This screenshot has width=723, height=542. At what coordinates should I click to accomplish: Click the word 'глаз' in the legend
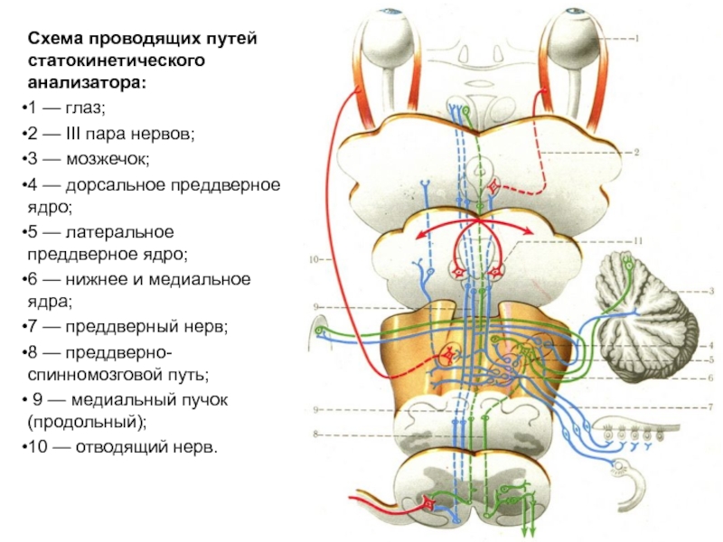[x=86, y=109]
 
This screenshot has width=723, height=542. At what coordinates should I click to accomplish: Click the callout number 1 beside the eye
[x=635, y=38]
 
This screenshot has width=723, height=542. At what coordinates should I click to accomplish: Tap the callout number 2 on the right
[x=637, y=154]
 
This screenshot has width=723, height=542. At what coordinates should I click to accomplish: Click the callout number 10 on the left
[x=314, y=260]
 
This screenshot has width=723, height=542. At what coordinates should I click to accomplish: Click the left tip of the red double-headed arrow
[x=418, y=238]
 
